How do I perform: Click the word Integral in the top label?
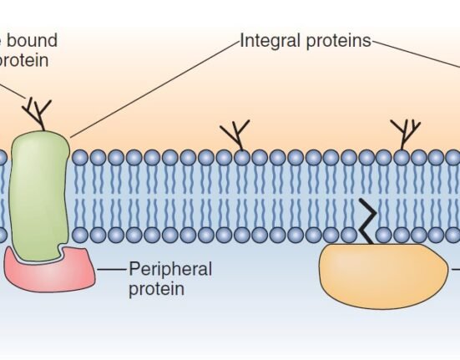[x=266, y=40]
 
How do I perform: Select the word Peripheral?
[x=170, y=269]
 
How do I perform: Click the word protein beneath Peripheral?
[x=156, y=289]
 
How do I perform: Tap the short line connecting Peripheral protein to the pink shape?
[x=109, y=269]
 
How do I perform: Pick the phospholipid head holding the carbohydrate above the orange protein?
[x=402, y=156]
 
